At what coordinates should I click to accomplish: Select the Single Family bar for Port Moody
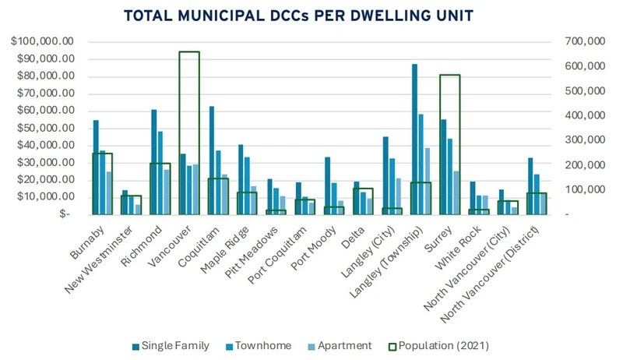pos(306,185)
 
